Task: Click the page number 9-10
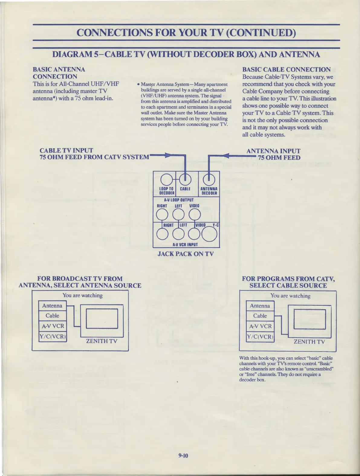183,455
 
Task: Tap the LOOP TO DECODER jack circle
167,180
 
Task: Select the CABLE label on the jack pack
185,189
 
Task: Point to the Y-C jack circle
209,234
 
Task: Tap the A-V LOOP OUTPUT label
179,200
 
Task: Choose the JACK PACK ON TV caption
185,254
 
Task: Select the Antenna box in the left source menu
52,306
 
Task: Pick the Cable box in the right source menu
260,316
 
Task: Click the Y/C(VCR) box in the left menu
52,336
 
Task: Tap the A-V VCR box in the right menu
260,326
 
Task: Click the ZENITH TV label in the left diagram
102,341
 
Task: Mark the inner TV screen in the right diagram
310,319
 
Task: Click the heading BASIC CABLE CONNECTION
286,69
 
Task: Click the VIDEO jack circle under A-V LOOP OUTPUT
195,215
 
